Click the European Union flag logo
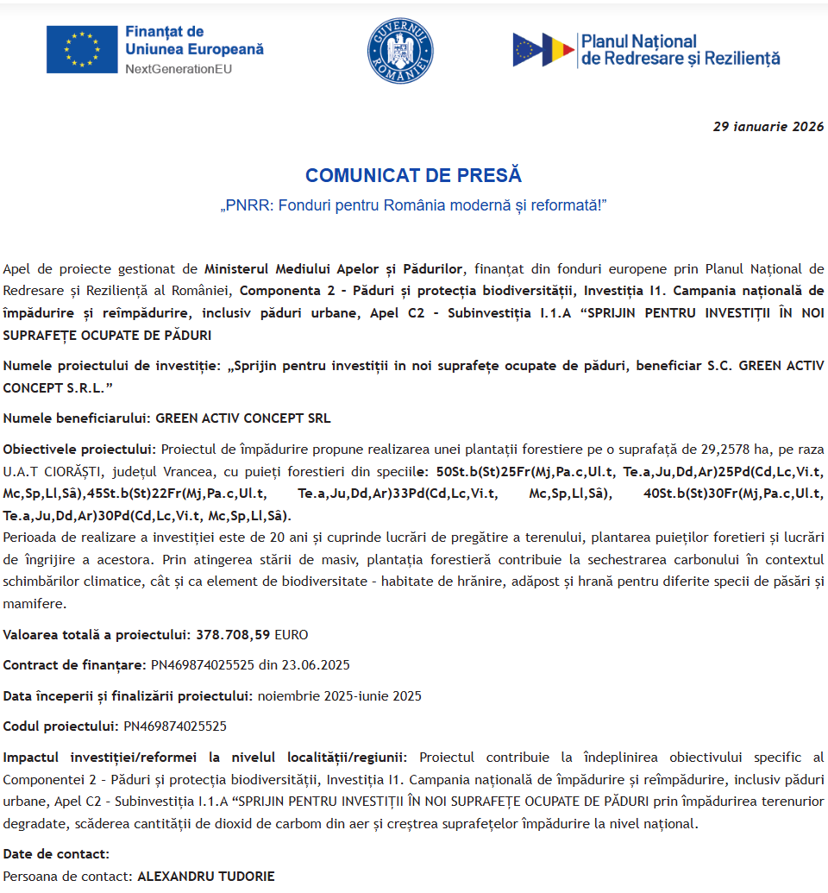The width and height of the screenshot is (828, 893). pyautogui.click(x=82, y=49)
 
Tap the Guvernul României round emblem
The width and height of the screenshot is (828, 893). pyautogui.click(x=400, y=51)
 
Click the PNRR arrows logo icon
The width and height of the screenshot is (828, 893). pyautogui.click(x=543, y=50)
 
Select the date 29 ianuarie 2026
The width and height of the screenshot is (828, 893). pyautogui.click(x=768, y=126)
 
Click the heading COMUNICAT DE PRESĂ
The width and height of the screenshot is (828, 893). pyautogui.click(x=413, y=175)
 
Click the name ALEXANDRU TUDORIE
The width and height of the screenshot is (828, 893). pyautogui.click(x=206, y=876)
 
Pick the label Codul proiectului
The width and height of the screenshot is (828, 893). pyautogui.click(x=60, y=726)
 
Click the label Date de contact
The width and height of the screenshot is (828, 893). pyautogui.click(x=56, y=854)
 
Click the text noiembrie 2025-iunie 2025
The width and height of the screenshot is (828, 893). pyautogui.click(x=339, y=695)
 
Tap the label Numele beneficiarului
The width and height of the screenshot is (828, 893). pyautogui.click(x=77, y=418)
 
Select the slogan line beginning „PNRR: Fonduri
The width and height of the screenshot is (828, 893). pyautogui.click(x=413, y=206)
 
